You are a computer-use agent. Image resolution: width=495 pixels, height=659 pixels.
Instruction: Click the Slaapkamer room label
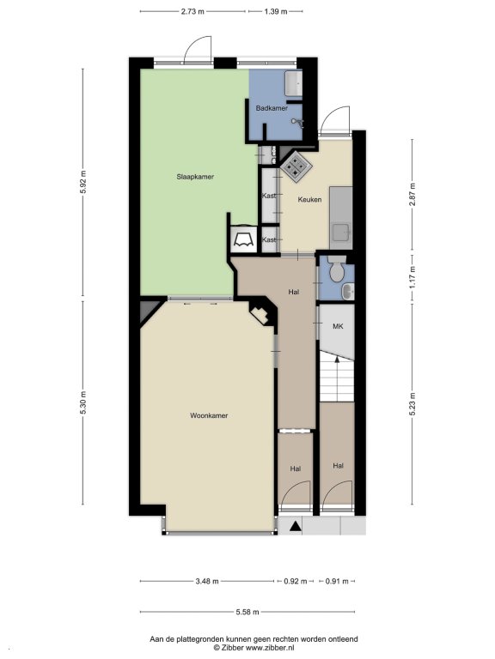pos(195,177)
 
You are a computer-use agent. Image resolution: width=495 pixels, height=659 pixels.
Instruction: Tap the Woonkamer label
pos(209,415)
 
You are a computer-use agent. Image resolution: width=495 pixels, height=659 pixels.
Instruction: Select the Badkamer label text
pos(272,108)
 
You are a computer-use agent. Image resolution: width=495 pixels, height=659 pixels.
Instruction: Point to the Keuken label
pos(309,200)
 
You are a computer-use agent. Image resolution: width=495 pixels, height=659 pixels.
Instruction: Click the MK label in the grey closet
pos(338,326)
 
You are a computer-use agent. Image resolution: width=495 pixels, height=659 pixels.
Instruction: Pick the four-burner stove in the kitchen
pos(296,166)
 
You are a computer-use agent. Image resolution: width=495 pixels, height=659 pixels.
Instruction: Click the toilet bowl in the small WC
pos(337,270)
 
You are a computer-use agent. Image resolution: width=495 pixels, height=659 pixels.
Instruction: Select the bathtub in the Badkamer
pos(293,83)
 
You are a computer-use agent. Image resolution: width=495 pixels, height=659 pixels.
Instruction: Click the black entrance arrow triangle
pos(296,525)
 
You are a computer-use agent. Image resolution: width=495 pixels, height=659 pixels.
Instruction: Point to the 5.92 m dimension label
pos(82,182)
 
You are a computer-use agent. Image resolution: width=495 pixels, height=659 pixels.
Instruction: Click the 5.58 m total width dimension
pos(247,612)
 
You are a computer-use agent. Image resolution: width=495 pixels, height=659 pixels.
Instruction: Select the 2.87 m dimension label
pos(412,195)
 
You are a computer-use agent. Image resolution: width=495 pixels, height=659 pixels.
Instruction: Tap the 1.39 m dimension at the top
pos(276,12)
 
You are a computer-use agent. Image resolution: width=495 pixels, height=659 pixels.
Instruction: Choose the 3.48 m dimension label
pos(207,582)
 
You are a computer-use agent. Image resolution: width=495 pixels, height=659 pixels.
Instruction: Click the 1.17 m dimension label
pos(412,277)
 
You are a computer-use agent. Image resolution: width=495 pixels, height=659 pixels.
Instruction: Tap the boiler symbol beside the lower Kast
pos(243,239)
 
